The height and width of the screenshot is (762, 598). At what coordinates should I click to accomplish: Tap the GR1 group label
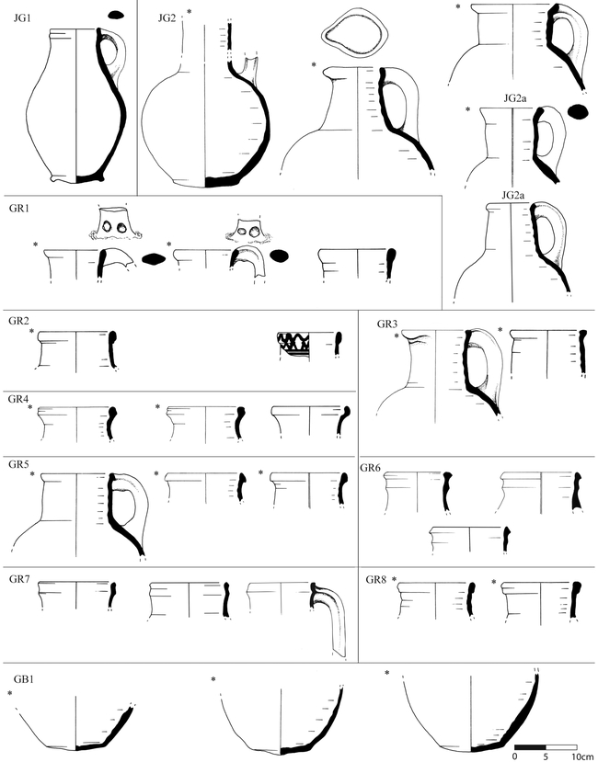tap(18, 209)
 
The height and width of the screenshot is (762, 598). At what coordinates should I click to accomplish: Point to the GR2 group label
tap(18, 321)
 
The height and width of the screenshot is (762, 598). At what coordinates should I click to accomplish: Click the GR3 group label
tap(386, 324)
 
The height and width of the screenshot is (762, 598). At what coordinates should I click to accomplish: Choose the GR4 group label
tap(17, 400)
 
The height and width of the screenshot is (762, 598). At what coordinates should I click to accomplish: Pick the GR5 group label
tap(18, 464)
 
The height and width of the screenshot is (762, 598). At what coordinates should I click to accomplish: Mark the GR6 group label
tap(370, 468)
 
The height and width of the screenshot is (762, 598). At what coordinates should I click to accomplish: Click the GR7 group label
tap(19, 579)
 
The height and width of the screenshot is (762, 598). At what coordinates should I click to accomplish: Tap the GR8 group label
tap(375, 579)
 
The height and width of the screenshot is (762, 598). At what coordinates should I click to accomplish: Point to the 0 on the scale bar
tap(515, 756)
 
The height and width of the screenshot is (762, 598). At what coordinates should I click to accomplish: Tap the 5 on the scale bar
tap(546, 756)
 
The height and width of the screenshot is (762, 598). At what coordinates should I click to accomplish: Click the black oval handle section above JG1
tap(116, 15)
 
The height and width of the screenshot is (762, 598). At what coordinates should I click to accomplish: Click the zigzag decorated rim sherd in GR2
tap(293, 342)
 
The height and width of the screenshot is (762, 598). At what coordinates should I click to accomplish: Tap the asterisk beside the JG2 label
tap(189, 12)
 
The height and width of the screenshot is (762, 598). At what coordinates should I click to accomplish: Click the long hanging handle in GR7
tap(332, 617)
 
